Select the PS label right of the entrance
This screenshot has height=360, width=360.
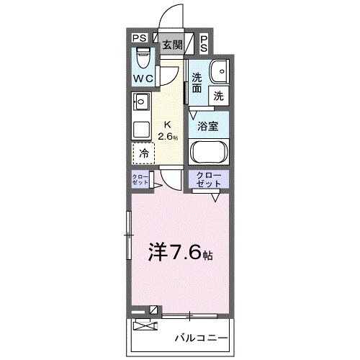(x=204, y=43)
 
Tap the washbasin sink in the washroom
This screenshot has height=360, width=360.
(x=218, y=71)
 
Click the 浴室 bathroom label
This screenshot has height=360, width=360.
(x=209, y=125)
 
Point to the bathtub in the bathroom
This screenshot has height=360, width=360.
(x=209, y=153)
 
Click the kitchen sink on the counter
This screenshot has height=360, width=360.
(x=141, y=102)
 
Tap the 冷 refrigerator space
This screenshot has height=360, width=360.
(x=143, y=153)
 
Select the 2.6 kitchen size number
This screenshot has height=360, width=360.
(x=168, y=135)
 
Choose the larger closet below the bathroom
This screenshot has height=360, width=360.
(x=209, y=180)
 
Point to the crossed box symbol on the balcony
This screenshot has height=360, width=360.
(x=145, y=325)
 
